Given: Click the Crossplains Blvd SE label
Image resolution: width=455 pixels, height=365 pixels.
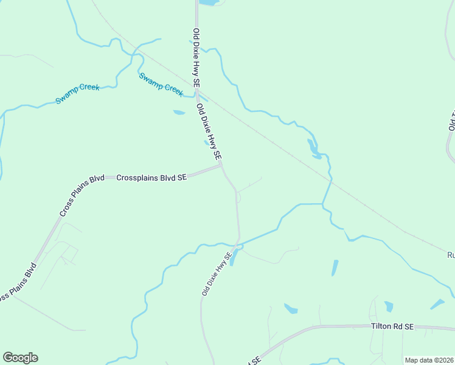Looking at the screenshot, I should point(151,178).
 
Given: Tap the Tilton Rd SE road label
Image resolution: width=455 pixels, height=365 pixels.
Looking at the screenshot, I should point(392,327).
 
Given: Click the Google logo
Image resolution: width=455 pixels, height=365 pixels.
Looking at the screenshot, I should point(20,358).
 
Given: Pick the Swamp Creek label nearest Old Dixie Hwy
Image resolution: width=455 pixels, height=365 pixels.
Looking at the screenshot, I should point(161,84).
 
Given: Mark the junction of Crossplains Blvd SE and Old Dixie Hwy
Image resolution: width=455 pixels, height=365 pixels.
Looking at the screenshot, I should point(221,165).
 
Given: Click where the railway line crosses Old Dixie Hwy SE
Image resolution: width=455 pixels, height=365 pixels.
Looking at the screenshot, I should point(198,90).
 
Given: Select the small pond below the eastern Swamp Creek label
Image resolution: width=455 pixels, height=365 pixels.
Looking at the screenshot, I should point(179,113).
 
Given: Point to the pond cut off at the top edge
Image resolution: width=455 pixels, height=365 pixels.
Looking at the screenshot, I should point(207,2).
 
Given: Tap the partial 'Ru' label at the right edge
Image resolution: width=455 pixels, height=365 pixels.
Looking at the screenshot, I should point(450,255).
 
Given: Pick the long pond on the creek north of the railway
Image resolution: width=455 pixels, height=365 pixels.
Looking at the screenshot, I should point(313,148).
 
